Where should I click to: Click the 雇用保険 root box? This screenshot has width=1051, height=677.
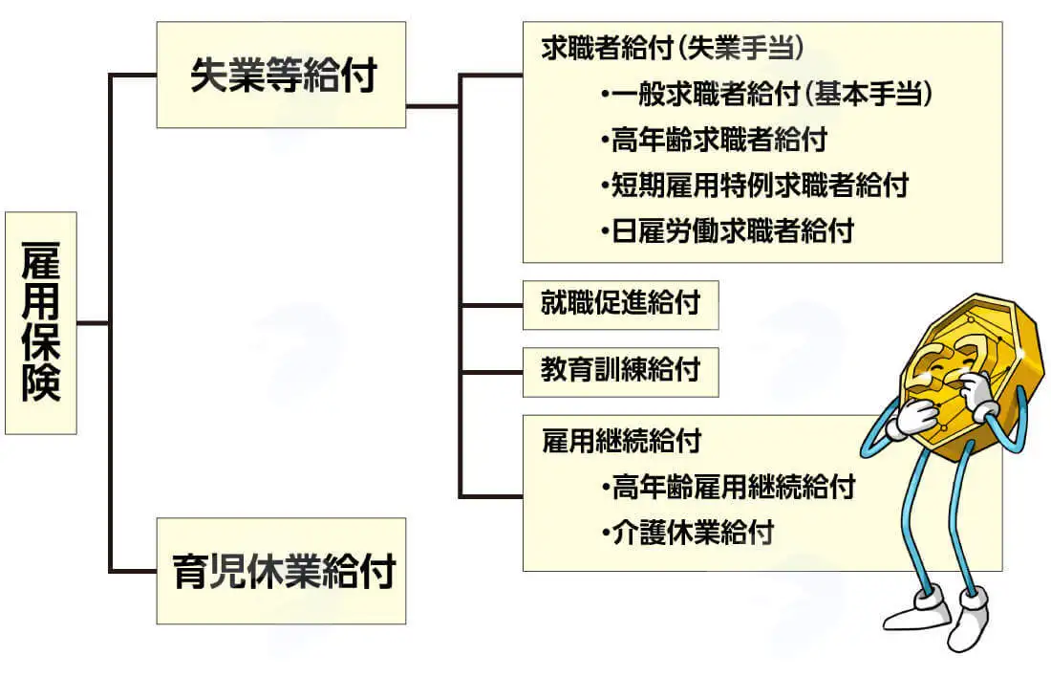[41, 323]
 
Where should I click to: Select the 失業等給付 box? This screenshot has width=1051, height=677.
[281, 75]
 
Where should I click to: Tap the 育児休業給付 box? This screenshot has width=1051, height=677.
[281, 571]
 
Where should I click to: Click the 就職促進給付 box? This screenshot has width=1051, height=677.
[621, 305]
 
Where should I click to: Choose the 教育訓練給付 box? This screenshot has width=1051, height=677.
[621, 372]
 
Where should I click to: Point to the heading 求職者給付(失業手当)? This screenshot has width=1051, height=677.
[673, 48]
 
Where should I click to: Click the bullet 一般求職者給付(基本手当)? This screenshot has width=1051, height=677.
[767, 94]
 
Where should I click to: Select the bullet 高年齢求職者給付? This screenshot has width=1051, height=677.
[714, 140]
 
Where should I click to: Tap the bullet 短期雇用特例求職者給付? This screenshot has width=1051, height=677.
[755, 186]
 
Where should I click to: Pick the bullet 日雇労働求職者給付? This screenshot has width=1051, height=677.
[727, 230]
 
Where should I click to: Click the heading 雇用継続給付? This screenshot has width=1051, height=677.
[621, 441]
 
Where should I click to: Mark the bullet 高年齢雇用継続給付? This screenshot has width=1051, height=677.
[729, 487]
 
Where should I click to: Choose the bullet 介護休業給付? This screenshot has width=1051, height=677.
[688, 533]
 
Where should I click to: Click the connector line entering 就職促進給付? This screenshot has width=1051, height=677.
[491, 305]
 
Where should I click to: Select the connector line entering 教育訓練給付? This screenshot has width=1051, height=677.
[491, 372]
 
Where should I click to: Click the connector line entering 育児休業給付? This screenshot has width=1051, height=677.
[133, 571]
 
